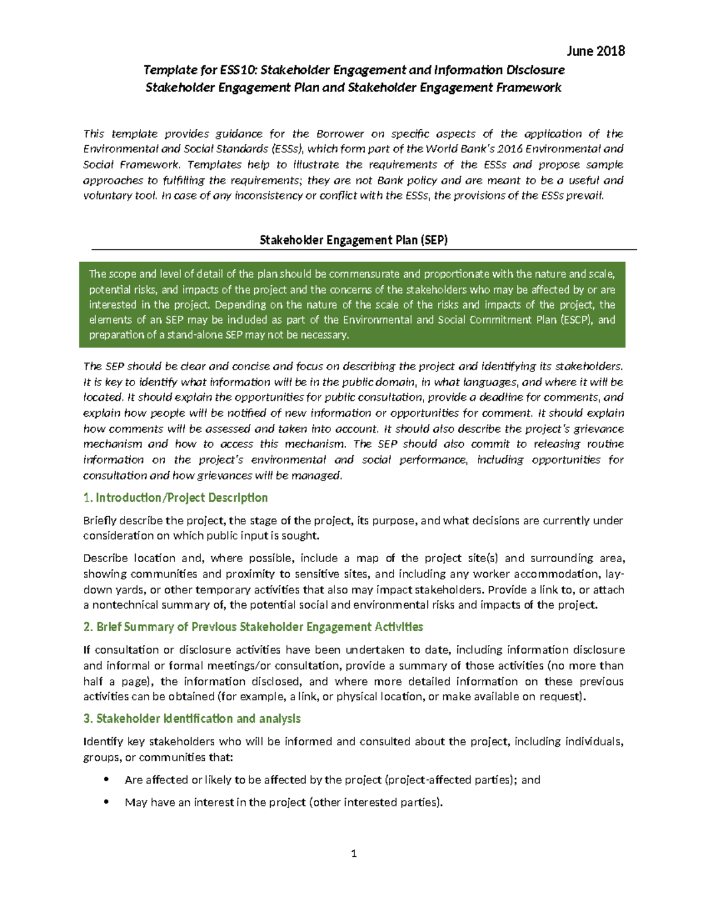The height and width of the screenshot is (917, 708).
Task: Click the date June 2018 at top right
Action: pyautogui.click(x=595, y=51)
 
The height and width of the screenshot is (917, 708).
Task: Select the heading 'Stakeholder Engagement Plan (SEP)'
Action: pyautogui.click(x=353, y=240)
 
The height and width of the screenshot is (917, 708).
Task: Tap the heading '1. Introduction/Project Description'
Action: pyautogui.click(x=176, y=498)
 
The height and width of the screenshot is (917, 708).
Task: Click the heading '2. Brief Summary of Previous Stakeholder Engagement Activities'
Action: pyautogui.click(x=253, y=627)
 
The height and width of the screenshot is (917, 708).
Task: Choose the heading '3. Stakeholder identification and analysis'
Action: pyautogui.click(x=192, y=719)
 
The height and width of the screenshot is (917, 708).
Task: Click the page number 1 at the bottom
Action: pyautogui.click(x=353, y=853)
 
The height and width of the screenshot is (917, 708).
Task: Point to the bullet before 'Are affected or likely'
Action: pyautogui.click(x=106, y=779)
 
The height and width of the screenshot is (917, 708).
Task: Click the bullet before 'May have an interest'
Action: pyautogui.click(x=106, y=802)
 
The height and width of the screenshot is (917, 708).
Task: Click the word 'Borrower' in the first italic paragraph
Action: pyautogui.click(x=340, y=134)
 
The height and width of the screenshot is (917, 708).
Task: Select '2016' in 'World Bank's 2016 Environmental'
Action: pyautogui.click(x=510, y=149)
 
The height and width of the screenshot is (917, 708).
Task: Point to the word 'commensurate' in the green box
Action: pyautogui.click(x=364, y=274)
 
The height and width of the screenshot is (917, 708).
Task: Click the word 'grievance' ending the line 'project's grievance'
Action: pyautogui.click(x=598, y=429)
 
